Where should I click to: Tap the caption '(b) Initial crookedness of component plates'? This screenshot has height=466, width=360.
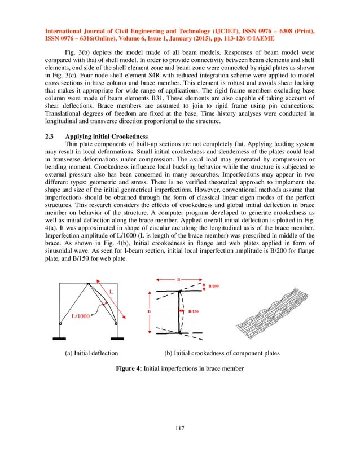pos(222,353)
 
